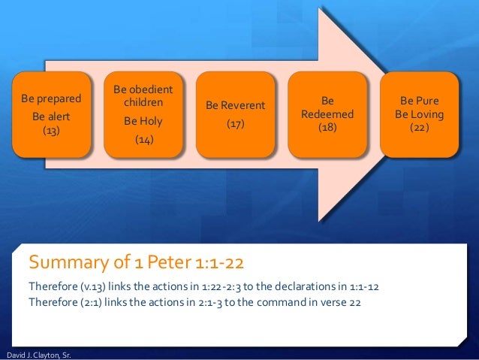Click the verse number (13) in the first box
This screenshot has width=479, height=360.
(51, 130)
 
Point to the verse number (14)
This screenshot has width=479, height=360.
(143, 139)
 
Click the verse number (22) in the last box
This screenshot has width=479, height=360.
(420, 128)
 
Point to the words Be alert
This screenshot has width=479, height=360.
(51, 117)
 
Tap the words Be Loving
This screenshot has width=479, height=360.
(420, 114)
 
